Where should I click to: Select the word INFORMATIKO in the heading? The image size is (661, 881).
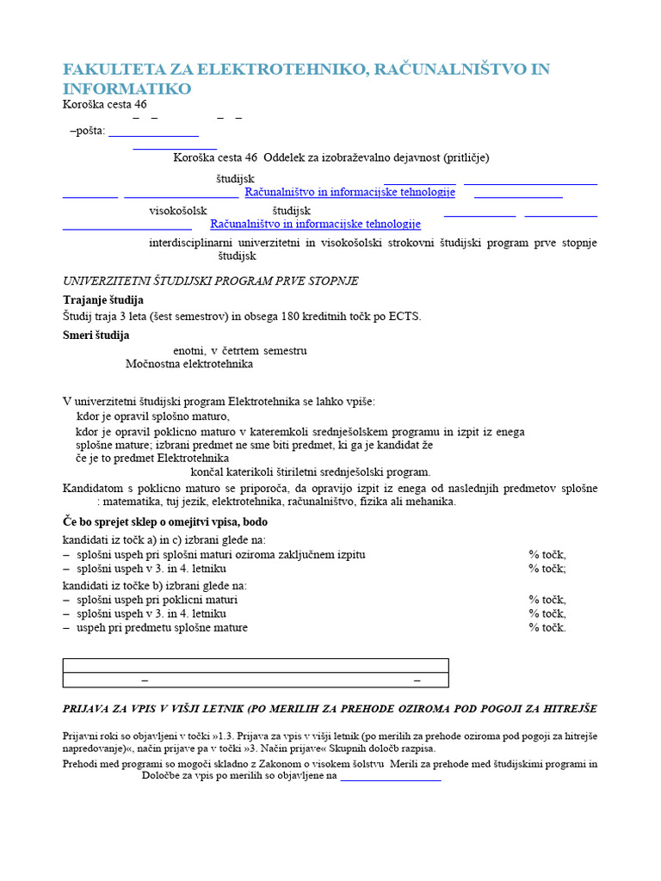[127, 89]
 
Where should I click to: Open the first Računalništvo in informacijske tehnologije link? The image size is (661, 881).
[349, 192]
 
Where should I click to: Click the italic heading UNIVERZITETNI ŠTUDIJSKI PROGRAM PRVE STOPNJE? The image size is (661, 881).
[211, 281]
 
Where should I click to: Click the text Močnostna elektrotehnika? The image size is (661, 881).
[189, 364]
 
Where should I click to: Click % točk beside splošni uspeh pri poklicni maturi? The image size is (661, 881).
[547, 600]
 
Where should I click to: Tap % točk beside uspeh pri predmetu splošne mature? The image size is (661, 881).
[547, 627]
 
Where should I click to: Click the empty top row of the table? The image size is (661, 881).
[256, 665]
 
